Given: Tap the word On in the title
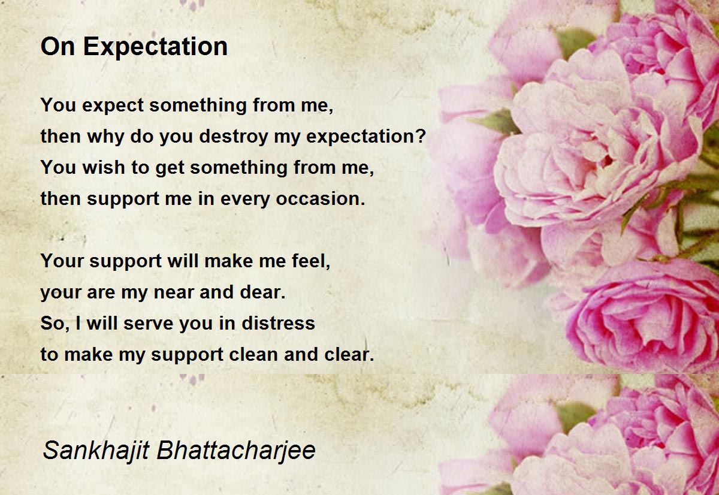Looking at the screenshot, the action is [58, 47].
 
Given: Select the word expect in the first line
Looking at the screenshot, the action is [113, 106].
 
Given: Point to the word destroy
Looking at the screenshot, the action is [234, 137].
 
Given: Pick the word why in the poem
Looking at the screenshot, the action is [105, 137].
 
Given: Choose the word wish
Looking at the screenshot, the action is [104, 167].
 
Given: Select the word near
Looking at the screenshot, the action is [173, 292].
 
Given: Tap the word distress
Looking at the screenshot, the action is [278, 323].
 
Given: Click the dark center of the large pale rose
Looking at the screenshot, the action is [606, 161].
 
